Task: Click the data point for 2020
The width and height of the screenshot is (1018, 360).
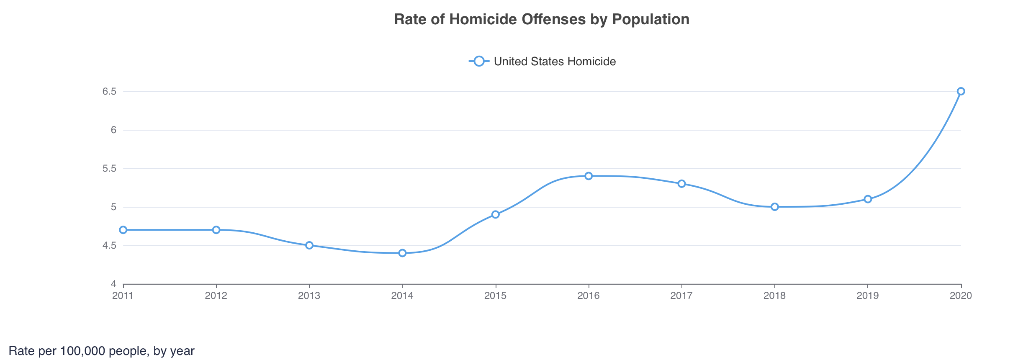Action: pyautogui.click(x=961, y=91)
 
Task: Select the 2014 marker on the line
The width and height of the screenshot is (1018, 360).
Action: pyautogui.click(x=402, y=253)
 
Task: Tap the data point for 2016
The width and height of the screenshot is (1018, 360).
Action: pyautogui.click(x=589, y=176)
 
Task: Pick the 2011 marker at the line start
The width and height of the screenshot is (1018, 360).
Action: pyautogui.click(x=123, y=230)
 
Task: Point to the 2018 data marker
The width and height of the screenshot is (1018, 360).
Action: pyautogui.click(x=775, y=207)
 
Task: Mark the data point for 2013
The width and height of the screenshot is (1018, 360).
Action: pyautogui.click(x=309, y=245)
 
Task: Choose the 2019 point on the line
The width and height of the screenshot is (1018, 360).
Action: pyautogui.click(x=868, y=199)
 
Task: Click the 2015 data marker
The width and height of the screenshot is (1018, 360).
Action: pyautogui.click(x=496, y=214)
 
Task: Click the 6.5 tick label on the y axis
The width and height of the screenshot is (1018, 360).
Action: pyautogui.click(x=109, y=91)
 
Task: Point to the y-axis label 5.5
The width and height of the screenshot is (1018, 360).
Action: pyautogui.click(x=109, y=168)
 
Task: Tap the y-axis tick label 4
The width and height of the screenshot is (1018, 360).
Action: pyautogui.click(x=113, y=284)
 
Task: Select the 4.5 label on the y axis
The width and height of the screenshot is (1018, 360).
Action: pyautogui.click(x=109, y=245)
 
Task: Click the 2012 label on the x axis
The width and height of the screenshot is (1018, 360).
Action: pyautogui.click(x=216, y=296)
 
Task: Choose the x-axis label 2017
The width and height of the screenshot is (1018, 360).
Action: pyautogui.click(x=681, y=296)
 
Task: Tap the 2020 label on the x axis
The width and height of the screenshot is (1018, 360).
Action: pyautogui.click(x=961, y=296)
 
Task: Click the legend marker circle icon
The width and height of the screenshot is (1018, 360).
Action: pyautogui.click(x=479, y=61)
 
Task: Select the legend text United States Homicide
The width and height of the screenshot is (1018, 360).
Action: pyautogui.click(x=555, y=62)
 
